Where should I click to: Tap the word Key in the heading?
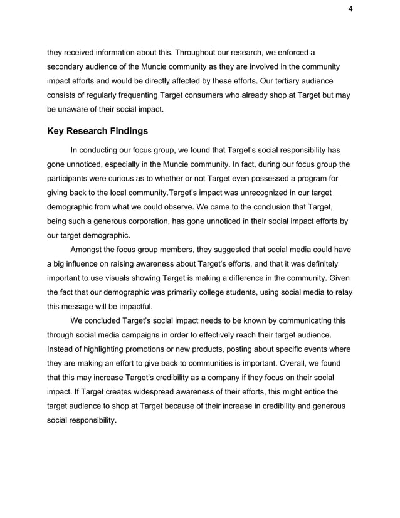coord(57,131)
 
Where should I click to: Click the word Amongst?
coord(89,250)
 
